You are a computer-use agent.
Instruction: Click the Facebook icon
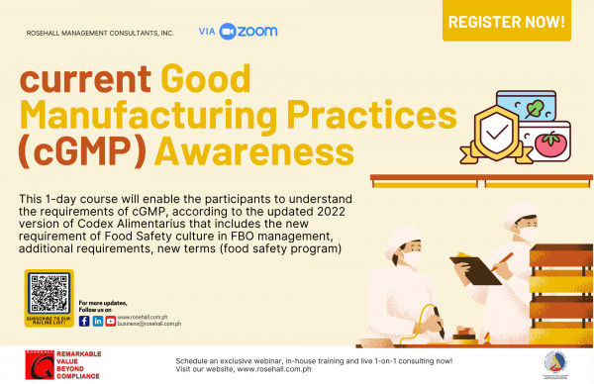click(84, 321)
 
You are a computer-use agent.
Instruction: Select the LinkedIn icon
click(97, 321)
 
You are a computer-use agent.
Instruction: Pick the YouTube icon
click(109, 321)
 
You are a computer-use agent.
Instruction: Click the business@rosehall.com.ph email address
click(148, 325)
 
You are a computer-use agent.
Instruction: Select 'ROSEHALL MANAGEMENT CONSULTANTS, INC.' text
click(101, 34)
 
